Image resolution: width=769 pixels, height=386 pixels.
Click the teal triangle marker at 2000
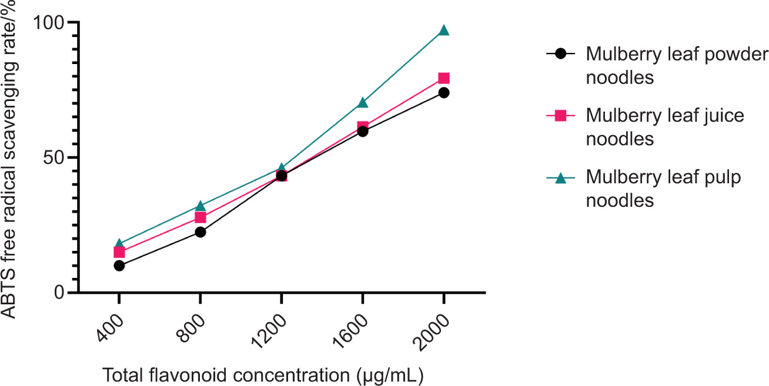[444, 31]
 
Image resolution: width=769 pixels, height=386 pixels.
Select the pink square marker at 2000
[444, 78]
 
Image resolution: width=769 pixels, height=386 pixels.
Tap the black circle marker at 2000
[444, 92]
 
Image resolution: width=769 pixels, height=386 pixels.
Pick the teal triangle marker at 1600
[363, 103]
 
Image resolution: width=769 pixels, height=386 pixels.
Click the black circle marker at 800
[200, 232]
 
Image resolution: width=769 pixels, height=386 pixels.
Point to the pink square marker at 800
[200, 217]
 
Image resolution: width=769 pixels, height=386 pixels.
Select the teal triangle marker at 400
[119, 244]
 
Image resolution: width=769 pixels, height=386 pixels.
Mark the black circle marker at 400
[119, 266]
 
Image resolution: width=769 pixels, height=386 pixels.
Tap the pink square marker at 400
[119, 253]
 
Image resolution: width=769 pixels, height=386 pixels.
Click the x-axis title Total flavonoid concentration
[264, 374]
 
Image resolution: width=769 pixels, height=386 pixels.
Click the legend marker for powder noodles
[560, 54]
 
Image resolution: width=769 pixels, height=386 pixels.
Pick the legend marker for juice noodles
[560, 116]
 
